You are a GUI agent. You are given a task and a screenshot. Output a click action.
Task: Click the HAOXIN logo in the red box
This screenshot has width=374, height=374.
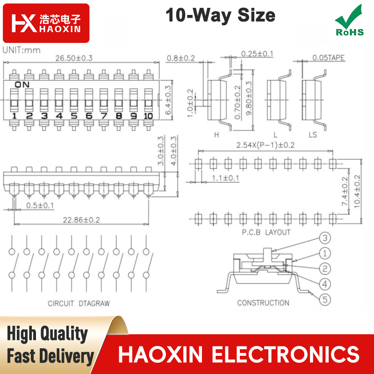point(46,23)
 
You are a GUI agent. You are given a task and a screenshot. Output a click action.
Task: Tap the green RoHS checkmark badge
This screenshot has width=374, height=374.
point(350,21)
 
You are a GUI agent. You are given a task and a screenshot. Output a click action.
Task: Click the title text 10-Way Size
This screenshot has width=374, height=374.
point(220,15)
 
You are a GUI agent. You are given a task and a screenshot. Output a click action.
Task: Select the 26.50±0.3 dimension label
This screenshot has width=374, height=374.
point(74,58)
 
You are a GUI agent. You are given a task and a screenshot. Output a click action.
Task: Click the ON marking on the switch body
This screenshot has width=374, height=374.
point(22,85)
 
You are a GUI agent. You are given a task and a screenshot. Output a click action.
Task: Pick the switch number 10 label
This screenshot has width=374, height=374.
point(148,116)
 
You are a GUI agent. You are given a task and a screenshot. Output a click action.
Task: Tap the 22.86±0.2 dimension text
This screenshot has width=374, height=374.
point(81,220)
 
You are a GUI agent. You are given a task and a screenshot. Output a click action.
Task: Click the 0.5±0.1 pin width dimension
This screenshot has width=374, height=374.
point(40,205)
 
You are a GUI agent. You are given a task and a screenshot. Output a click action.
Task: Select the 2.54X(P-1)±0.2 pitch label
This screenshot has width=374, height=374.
point(266,145)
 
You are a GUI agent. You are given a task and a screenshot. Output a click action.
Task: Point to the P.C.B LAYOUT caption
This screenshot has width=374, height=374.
point(266,232)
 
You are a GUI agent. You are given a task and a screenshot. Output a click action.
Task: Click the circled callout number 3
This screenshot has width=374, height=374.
point(325,238)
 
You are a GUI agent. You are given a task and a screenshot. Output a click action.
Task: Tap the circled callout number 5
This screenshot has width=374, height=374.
point(325,300)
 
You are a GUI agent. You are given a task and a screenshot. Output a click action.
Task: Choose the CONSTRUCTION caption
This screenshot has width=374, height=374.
point(263,303)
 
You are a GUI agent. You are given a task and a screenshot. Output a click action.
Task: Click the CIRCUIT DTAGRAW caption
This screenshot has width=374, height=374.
point(79,303)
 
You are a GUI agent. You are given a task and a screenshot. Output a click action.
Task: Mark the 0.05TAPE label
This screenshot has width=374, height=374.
point(329,58)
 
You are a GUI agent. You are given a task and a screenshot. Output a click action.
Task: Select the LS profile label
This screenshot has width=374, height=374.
point(313,135)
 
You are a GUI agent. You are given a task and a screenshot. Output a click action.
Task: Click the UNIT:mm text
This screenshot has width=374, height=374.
point(22,50)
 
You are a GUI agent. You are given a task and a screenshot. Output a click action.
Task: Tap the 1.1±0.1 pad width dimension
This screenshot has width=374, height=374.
point(225,178)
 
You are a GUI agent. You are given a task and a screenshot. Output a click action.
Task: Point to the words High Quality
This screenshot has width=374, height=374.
point(47,334)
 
